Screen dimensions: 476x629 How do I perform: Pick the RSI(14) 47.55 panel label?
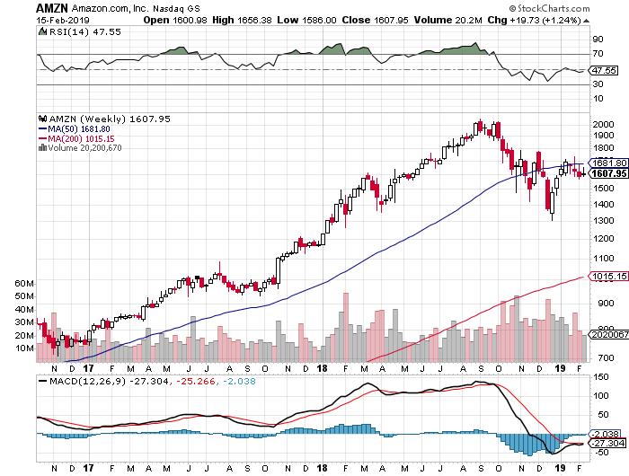(70, 32)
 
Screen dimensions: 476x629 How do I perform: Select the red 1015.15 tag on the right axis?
(609, 277)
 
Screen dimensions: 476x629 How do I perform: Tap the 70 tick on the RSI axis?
(595, 54)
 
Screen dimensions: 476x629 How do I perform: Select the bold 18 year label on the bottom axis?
(322, 367)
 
